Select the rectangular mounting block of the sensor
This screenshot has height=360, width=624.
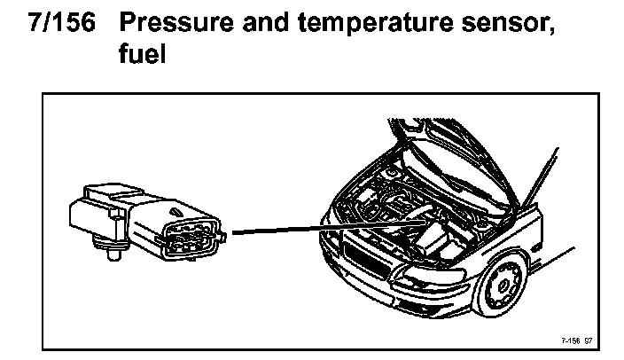[x=94, y=213]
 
